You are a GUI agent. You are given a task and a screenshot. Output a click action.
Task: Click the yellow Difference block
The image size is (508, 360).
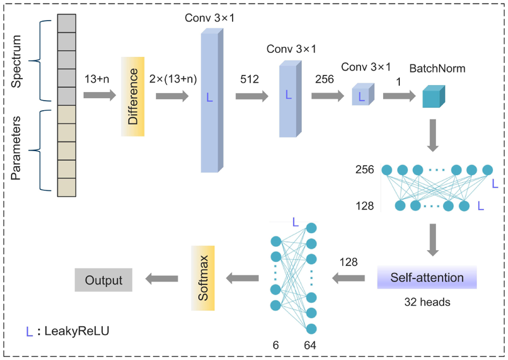click(x=133, y=96)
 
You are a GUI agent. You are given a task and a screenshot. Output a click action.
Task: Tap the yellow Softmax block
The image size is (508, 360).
click(x=203, y=277)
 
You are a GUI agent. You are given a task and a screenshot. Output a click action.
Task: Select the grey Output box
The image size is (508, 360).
click(x=103, y=280)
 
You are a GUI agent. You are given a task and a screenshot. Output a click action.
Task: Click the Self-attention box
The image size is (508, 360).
click(x=427, y=278)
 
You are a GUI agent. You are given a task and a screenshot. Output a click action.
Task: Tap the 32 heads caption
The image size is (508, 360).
click(x=427, y=303)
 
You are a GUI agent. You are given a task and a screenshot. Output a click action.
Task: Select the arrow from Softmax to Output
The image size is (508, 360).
click(x=161, y=278)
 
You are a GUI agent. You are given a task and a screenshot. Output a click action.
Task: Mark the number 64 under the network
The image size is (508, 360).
click(x=309, y=346)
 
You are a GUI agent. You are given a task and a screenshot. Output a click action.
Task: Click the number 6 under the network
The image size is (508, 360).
click(x=276, y=346)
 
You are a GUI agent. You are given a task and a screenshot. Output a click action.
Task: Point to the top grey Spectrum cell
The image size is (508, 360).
click(x=66, y=23)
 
